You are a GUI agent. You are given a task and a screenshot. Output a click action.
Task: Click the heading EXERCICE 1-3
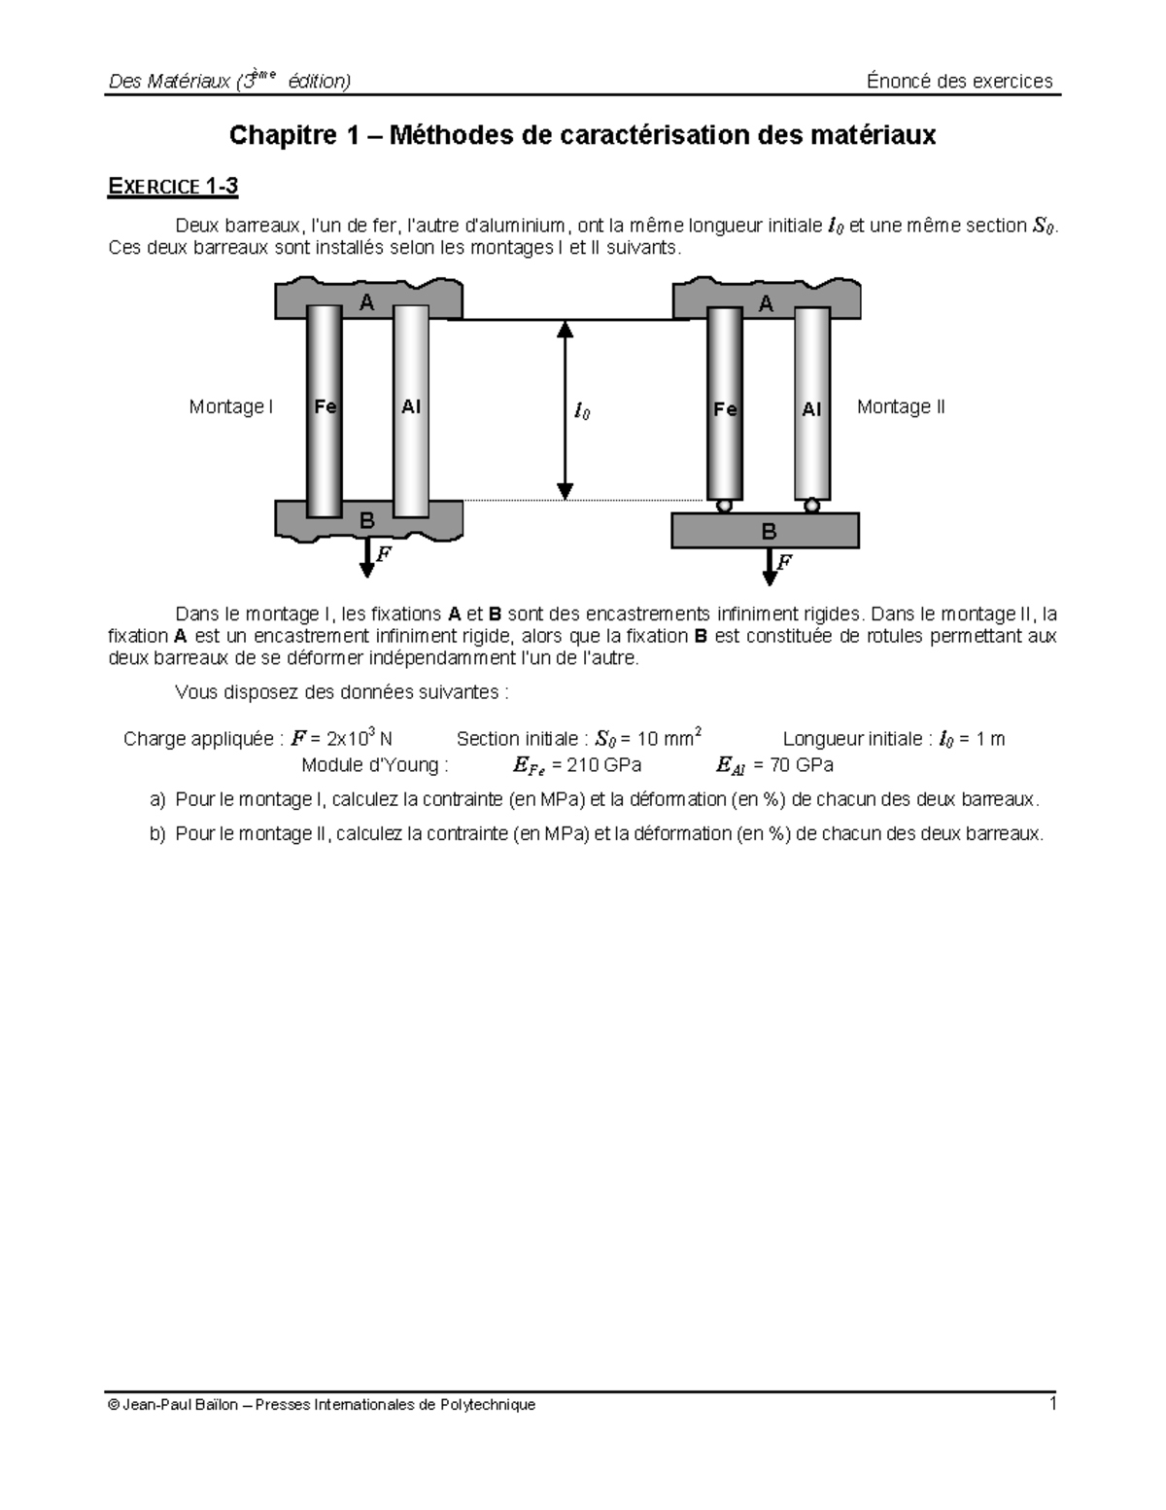point(172,187)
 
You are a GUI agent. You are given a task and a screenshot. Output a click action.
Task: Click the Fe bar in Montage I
point(325,408)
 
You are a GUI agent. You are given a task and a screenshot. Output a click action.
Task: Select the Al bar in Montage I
point(411,408)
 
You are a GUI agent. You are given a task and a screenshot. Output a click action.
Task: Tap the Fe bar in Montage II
point(725,408)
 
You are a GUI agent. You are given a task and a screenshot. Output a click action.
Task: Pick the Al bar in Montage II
point(811,408)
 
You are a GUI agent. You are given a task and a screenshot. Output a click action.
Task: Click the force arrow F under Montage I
point(367,558)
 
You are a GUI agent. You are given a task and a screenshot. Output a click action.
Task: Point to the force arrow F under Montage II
point(770,566)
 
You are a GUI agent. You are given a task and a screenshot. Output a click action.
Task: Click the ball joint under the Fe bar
point(725,506)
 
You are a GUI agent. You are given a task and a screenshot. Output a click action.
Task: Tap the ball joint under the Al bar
point(811,506)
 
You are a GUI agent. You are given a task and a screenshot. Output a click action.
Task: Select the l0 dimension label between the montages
point(581,411)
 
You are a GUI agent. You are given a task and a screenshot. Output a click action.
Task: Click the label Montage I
point(230,407)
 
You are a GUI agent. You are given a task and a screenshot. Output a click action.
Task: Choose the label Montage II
point(900,407)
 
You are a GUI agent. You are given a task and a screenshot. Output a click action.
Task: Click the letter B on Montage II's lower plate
point(768,532)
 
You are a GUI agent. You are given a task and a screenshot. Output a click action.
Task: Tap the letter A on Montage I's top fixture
point(366,303)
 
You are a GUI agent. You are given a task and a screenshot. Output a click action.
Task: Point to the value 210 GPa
point(603,765)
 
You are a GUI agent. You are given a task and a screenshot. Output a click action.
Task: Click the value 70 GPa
point(801,765)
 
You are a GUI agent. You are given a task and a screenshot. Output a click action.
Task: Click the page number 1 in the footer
point(1051,1403)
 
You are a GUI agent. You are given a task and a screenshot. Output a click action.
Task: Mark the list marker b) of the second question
point(157,834)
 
